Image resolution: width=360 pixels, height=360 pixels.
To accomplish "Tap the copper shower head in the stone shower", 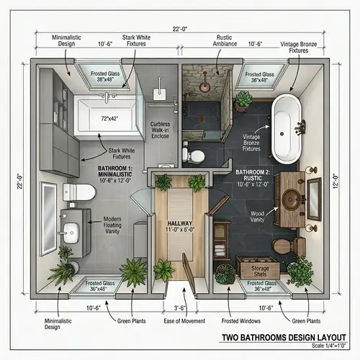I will (x=206, y=73).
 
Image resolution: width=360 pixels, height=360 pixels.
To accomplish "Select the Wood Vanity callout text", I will (x=258, y=217).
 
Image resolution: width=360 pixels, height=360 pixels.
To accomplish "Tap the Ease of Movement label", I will (x=184, y=321).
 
